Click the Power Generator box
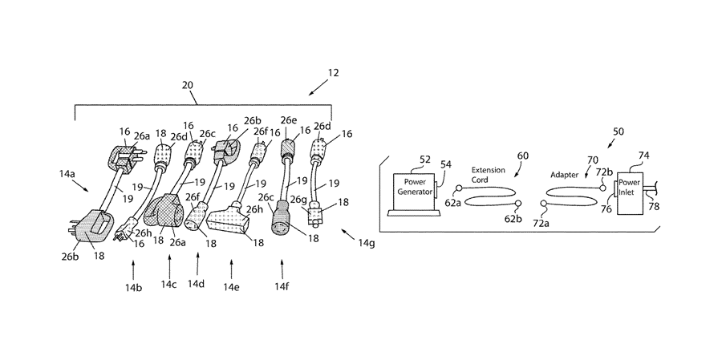[414, 188]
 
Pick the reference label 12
[333, 73]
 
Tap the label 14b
[133, 285]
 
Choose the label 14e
[231, 286]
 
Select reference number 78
[655, 207]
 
